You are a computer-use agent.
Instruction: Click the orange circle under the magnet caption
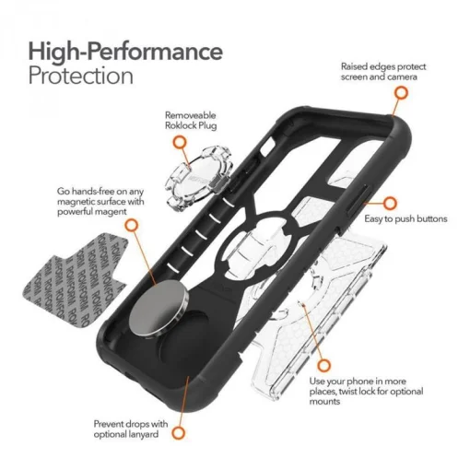point(131,225)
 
